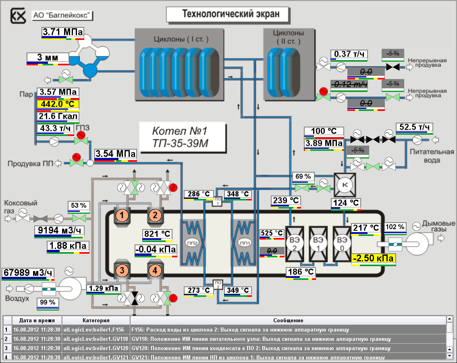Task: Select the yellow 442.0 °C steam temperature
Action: pos(58,104)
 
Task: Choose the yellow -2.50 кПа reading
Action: pos(373,258)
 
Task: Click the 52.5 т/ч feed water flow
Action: pos(414,127)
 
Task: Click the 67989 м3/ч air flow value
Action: pos(28,273)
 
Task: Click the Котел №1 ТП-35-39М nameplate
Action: pos(180,138)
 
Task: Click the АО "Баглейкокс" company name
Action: pos(63,16)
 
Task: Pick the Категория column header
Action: pos(96,320)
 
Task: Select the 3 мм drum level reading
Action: pos(48,58)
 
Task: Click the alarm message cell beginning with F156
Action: pos(288,330)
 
